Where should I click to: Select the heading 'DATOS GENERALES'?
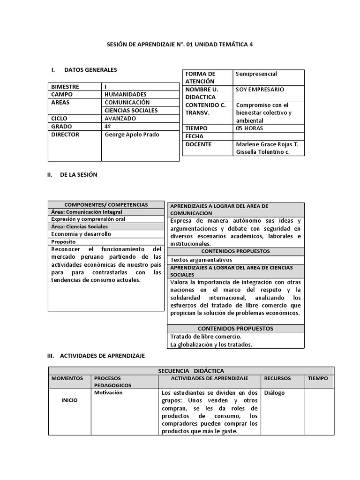click(90, 70)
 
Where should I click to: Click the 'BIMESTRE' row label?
click(65, 87)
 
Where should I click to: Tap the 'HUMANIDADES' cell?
click(125, 95)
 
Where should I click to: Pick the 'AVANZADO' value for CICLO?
click(120, 119)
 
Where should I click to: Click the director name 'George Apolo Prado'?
click(132, 135)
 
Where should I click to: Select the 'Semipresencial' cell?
click(256, 74)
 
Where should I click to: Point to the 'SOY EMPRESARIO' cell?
click(260, 90)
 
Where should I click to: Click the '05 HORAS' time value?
click(249, 128)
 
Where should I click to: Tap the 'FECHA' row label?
click(195, 136)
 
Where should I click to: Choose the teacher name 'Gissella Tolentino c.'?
click(262, 152)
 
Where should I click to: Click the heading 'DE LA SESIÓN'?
click(78, 175)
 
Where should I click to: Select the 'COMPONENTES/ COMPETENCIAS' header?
click(106, 205)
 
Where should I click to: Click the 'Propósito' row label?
click(63, 242)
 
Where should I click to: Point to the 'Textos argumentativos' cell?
click(201, 260)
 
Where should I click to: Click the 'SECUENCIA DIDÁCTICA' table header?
click(191, 371)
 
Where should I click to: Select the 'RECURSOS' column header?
click(277, 378)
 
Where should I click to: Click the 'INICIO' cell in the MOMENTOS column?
click(69, 400)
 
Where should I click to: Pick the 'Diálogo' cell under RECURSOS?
click(274, 393)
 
